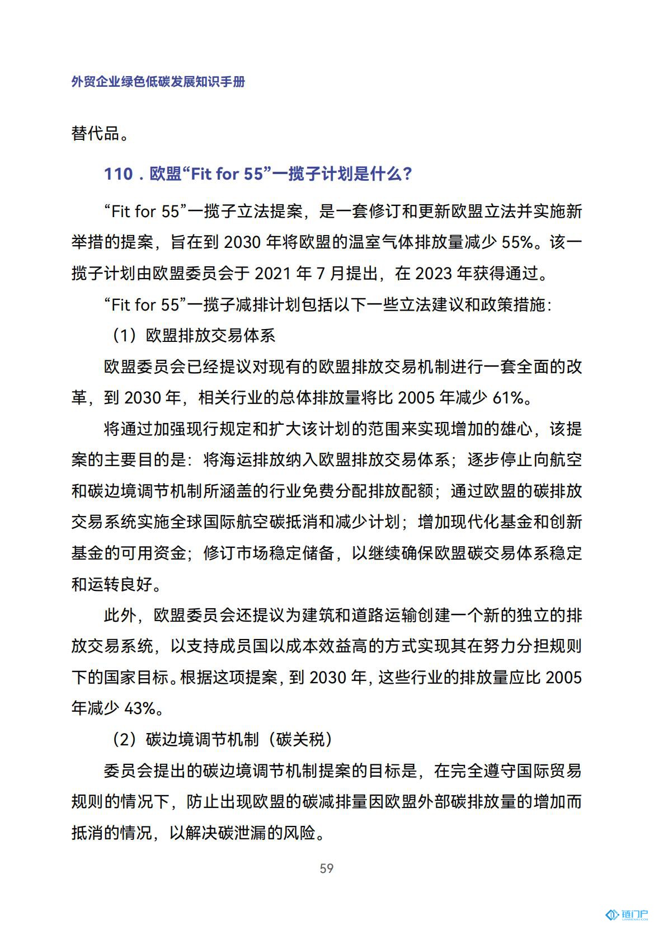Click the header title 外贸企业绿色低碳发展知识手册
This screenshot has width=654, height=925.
[x=158, y=82]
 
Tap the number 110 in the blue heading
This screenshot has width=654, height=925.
[x=119, y=174]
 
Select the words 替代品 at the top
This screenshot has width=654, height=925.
[x=96, y=134]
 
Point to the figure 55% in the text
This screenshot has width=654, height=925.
[x=517, y=242]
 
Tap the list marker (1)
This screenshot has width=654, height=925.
[x=124, y=335]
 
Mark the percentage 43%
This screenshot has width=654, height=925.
[x=139, y=708]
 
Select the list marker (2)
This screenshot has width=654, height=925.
[x=124, y=740]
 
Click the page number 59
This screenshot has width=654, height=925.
[x=327, y=868]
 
